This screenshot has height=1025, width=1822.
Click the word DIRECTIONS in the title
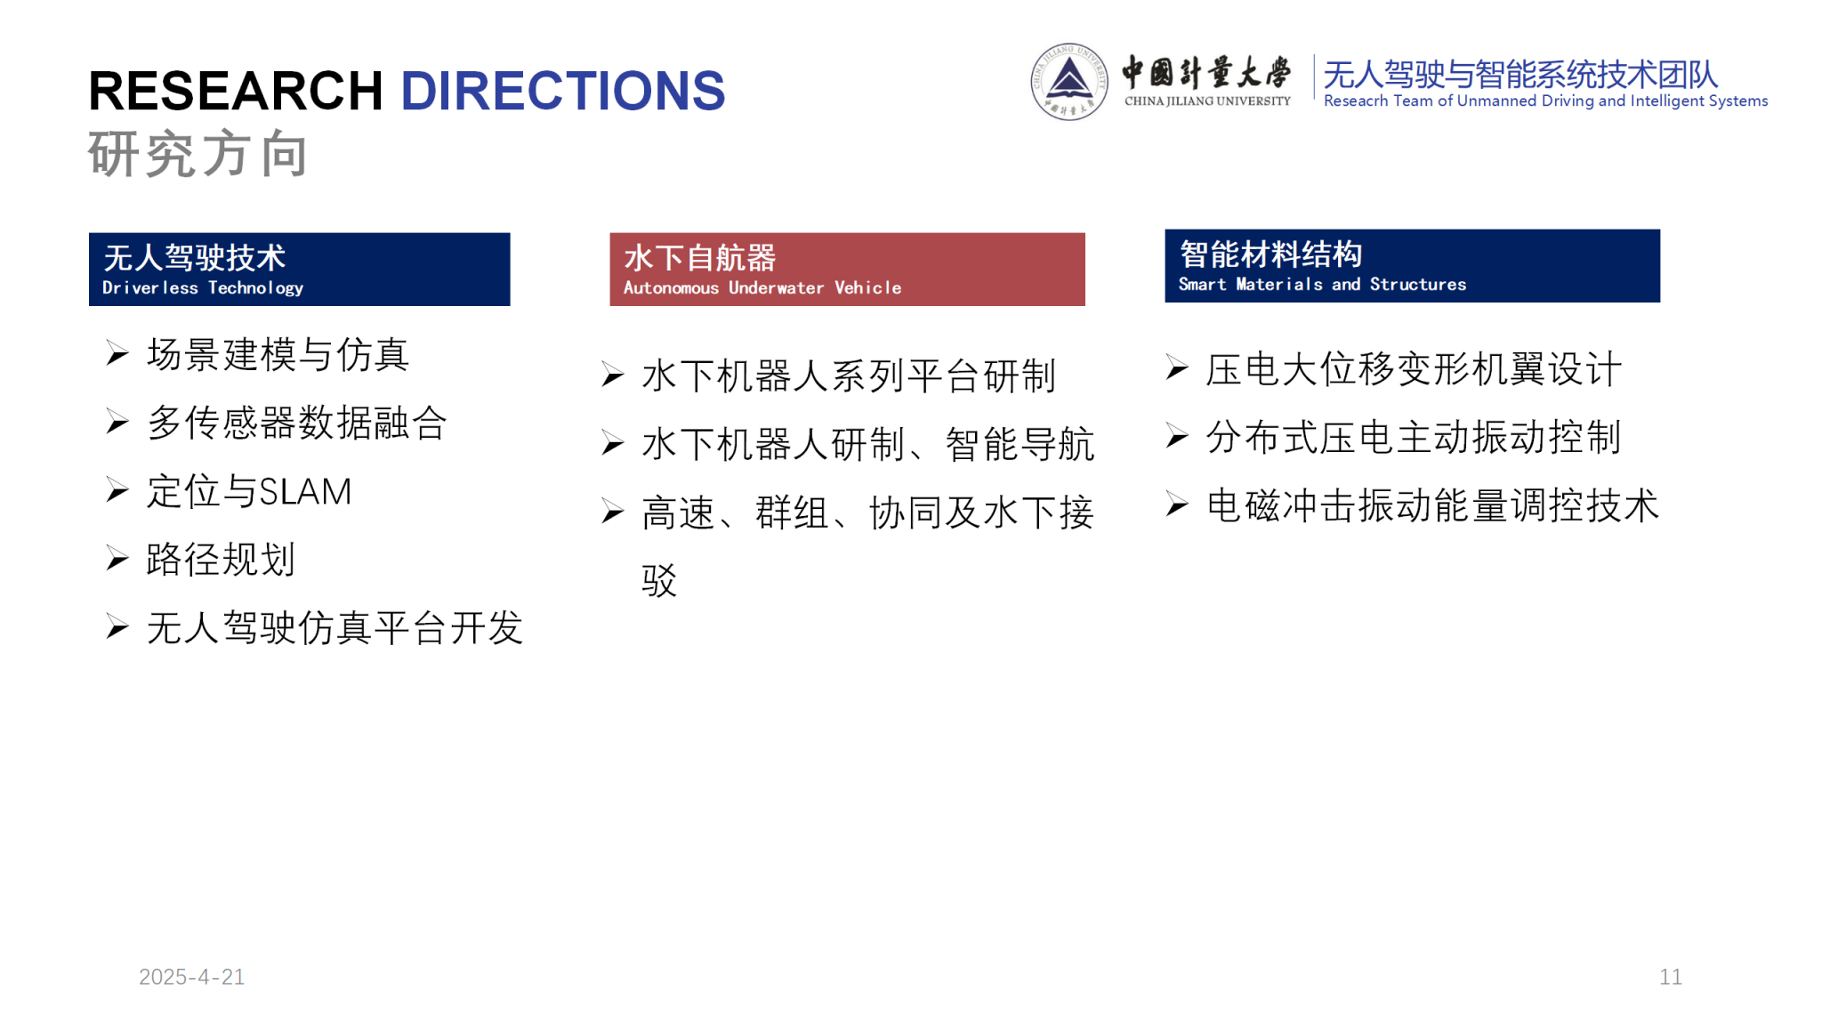pos(563,91)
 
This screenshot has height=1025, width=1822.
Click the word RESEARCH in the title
pos(236,91)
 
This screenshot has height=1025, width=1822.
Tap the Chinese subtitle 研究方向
pos(198,154)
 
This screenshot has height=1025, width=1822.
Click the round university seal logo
pos(1069,82)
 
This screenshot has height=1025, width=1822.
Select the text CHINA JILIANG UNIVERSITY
pos(1207,101)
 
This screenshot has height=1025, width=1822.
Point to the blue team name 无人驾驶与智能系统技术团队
pos(1520,74)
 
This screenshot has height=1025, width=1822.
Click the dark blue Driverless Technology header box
pos(300,270)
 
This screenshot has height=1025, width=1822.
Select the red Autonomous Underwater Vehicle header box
pos(847,270)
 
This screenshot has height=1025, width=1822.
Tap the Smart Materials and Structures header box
pos(1412,266)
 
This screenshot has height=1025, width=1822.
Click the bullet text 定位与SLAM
pos(249,491)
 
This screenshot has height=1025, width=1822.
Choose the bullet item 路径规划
pos(221,560)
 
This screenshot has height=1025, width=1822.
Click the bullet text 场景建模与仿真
pos(278,355)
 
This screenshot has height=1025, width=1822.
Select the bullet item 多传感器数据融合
pos(297,423)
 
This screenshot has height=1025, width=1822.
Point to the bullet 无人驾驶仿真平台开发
pos(335,628)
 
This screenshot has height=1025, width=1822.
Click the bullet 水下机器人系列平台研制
pos(849,375)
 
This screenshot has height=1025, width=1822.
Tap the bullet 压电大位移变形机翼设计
pos(1414,369)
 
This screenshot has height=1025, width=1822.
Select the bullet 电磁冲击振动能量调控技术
pos(1432,505)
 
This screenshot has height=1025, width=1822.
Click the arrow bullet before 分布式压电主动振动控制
pos(1177,436)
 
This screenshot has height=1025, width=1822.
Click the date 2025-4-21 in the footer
pos(191,977)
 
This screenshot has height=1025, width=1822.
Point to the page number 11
pos(1671,977)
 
